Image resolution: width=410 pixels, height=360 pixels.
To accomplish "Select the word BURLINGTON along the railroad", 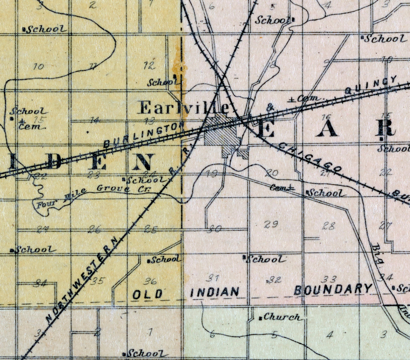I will [143, 134].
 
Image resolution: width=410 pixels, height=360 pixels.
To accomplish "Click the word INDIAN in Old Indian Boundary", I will [215, 292].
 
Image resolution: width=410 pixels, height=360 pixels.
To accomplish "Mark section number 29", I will [271, 224].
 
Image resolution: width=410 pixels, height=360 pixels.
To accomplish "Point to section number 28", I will [329, 226].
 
